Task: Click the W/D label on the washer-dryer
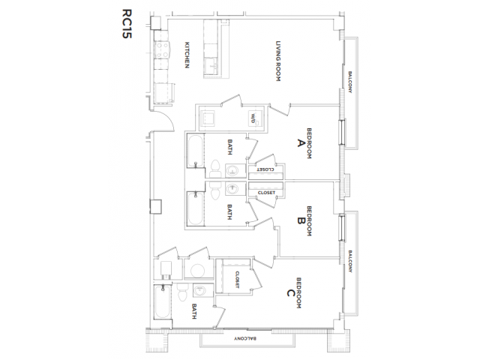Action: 253,118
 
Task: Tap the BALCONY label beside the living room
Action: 350,82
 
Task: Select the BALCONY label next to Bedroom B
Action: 350,259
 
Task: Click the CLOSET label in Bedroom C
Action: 237,280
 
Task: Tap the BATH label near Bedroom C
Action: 193,312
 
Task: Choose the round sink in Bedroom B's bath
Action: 232,187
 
